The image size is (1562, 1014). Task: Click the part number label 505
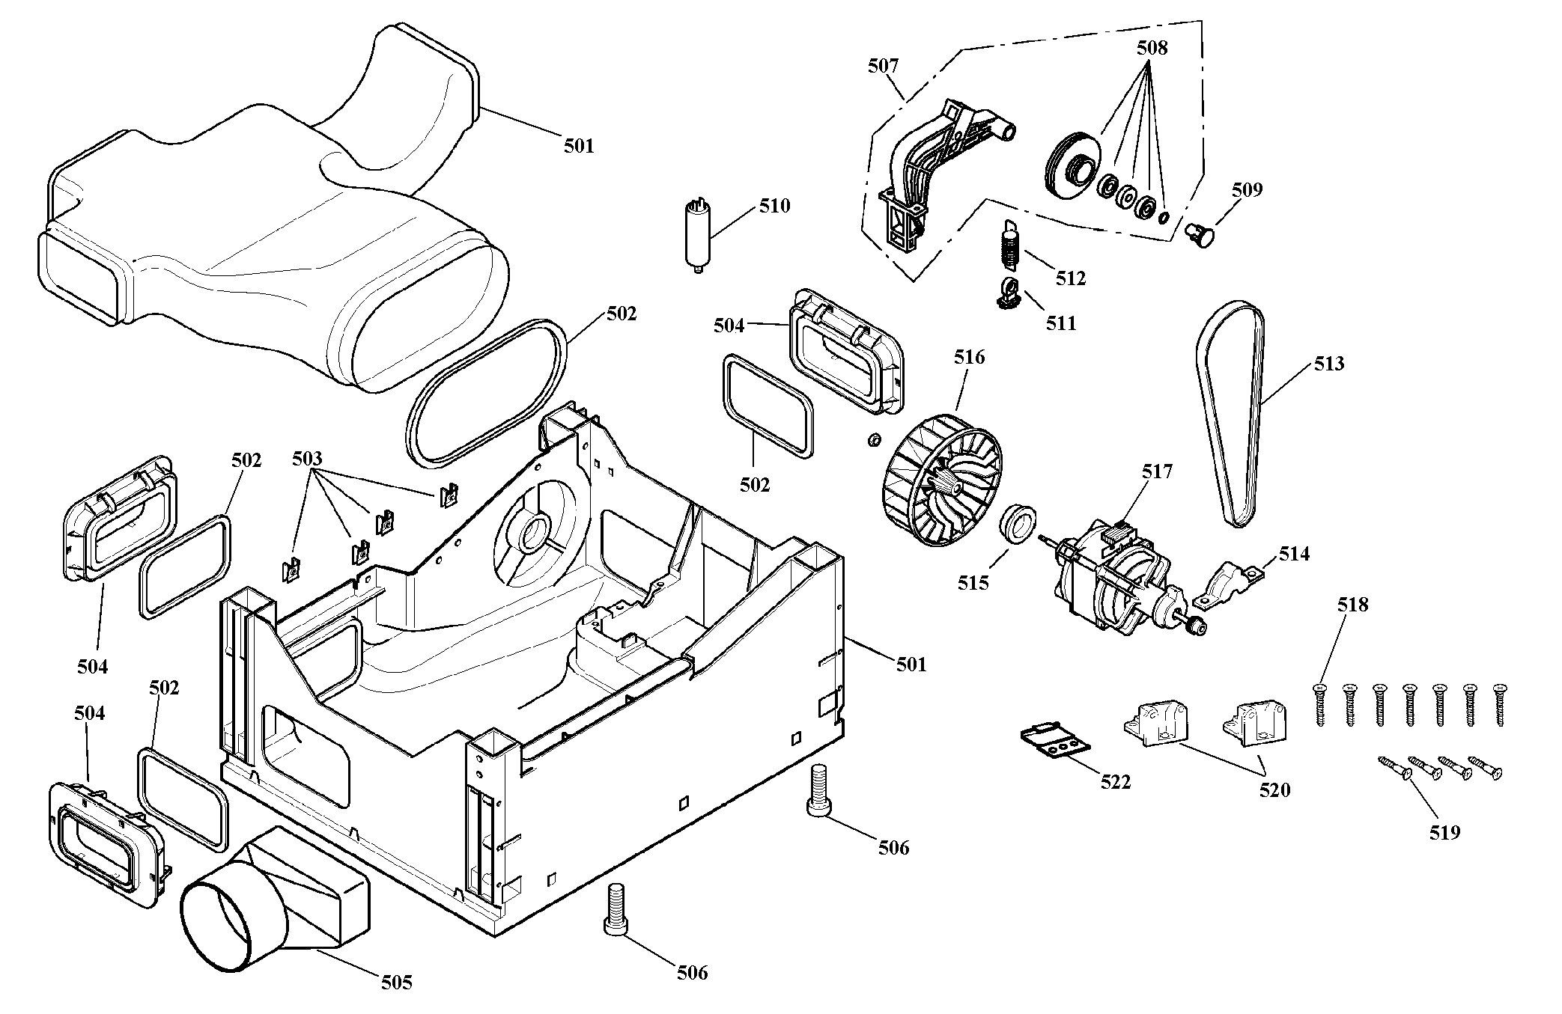point(396,982)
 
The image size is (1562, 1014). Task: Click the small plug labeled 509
point(1200,235)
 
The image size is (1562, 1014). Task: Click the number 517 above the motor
point(1157,471)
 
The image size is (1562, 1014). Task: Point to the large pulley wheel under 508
point(1072,168)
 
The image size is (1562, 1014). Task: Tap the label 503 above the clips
point(307,458)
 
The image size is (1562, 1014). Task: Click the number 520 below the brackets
point(1274,789)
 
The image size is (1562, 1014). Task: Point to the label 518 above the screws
point(1352,605)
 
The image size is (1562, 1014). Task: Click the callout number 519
point(1444,831)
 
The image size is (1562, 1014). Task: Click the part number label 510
point(774,205)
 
